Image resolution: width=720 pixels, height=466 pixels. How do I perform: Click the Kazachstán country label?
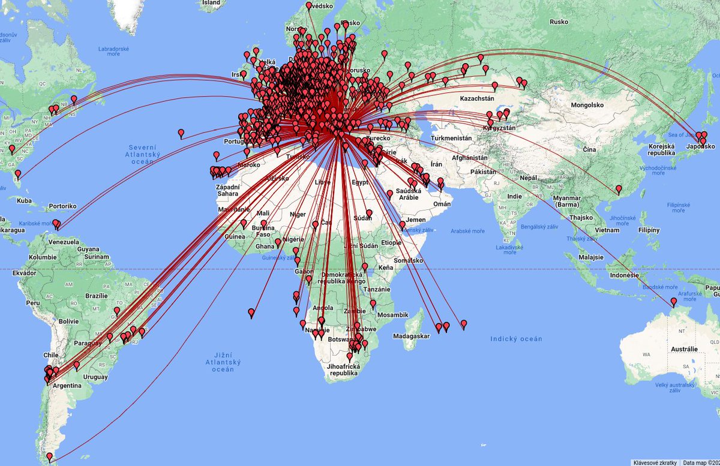(x=477, y=98)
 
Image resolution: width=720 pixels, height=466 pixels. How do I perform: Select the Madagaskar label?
(x=412, y=336)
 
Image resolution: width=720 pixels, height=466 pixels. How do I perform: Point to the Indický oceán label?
(x=516, y=339)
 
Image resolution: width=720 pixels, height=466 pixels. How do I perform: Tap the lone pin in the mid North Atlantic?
(x=181, y=133)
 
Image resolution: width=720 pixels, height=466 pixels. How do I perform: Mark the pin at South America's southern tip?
(x=50, y=457)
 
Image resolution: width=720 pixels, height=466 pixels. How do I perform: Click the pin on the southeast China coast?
(x=619, y=190)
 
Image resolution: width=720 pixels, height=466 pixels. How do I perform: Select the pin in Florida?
(x=17, y=175)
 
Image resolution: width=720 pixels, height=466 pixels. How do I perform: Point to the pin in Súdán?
(x=369, y=213)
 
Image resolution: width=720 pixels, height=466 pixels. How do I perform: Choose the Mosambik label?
(x=393, y=315)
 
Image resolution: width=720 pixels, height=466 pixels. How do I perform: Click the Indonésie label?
(x=623, y=275)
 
